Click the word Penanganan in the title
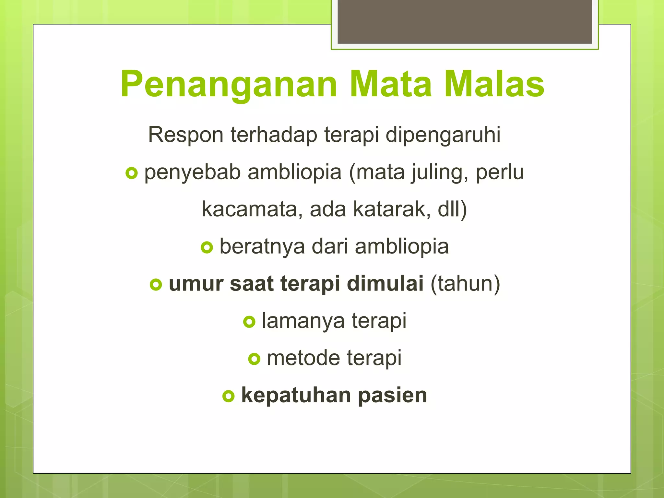229,85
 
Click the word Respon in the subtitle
185,135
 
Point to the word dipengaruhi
443,135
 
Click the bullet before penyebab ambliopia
131,173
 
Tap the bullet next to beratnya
207,248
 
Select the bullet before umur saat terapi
156,285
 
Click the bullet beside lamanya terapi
249,322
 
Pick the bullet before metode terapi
254,359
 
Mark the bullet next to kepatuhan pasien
229,396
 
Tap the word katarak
392,209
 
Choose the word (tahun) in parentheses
465,284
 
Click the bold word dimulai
385,284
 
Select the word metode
303,358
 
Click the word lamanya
303,321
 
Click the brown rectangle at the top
465,22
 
